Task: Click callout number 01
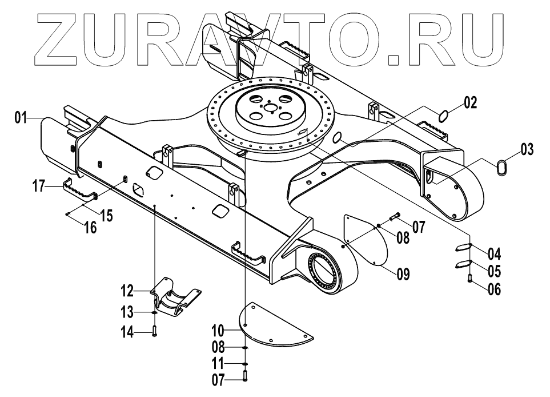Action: [21, 118]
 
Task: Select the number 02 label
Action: [469, 103]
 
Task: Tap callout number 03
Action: [526, 150]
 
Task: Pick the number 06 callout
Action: [493, 289]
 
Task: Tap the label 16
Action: [90, 227]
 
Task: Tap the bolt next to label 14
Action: [155, 331]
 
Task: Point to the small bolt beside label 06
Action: [469, 280]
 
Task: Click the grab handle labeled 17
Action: [80, 189]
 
